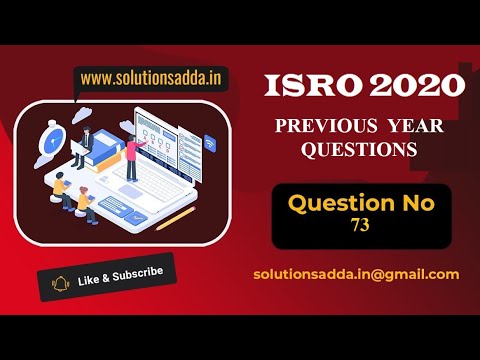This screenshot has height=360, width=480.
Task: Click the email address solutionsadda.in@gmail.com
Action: click(356, 273)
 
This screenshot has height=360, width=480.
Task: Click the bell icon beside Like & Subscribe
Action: click(59, 283)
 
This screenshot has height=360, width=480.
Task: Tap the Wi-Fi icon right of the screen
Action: click(210, 143)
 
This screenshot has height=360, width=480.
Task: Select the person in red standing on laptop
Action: click(130, 159)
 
